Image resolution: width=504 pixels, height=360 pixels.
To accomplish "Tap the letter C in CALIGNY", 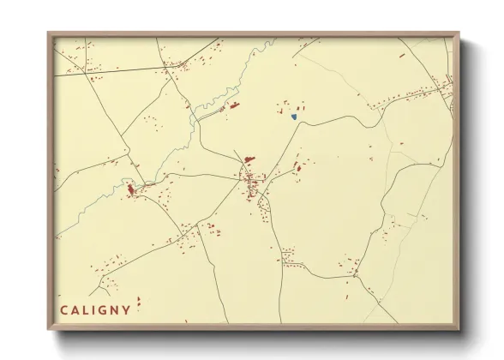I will coord(63,309).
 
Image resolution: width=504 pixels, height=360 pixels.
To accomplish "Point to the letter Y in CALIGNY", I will coord(127,309).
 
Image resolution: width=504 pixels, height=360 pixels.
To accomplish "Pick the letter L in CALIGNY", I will coord(84,309).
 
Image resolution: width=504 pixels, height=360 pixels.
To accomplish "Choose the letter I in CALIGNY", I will coord(93,309).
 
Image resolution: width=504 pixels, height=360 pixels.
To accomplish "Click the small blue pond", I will coord(294,116).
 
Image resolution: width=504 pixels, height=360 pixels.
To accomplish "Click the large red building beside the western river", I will coord(131,189).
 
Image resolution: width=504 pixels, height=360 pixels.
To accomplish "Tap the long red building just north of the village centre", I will coord(249,159).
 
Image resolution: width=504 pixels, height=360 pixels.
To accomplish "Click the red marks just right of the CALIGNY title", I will coord(139,302).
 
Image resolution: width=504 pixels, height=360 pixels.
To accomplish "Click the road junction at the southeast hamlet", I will coord(357,273).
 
